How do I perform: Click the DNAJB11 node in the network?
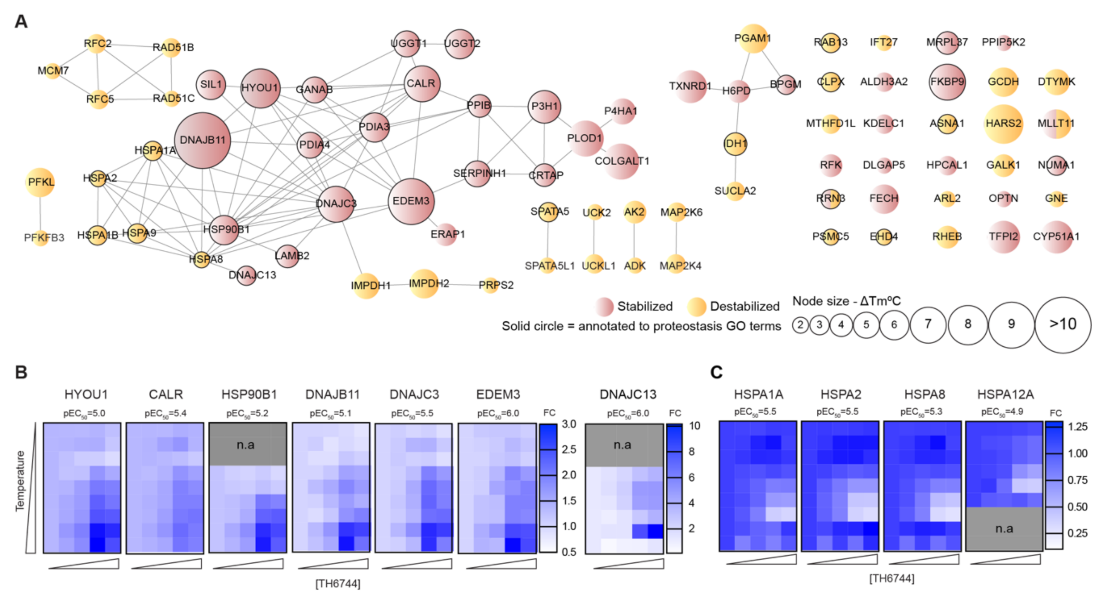[x=202, y=140]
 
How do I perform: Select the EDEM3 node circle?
[x=411, y=201]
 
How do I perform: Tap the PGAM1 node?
[x=752, y=38]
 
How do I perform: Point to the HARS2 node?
[x=1003, y=124]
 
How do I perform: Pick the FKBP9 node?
[x=947, y=82]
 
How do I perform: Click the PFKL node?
[x=40, y=182]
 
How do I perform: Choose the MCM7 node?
[x=53, y=71]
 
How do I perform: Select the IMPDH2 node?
[x=424, y=283]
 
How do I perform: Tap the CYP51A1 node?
[x=1056, y=237]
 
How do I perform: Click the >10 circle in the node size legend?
[x=1063, y=324]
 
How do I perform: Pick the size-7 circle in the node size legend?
[x=928, y=324]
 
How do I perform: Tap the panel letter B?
[x=21, y=372]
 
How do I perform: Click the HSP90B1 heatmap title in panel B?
[x=249, y=394]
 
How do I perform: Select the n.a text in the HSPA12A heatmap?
[x=1004, y=528]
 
